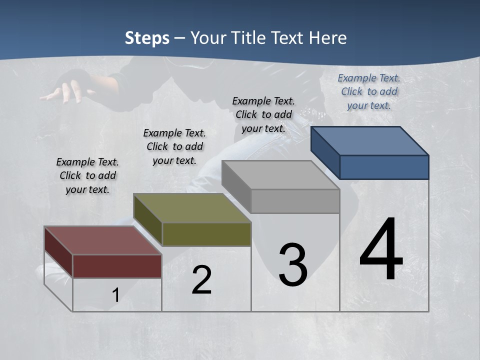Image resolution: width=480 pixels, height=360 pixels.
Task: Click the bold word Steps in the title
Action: pyautogui.click(x=147, y=38)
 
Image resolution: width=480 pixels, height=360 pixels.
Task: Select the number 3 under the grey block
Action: pyautogui.click(x=292, y=264)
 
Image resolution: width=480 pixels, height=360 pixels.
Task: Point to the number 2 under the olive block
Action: pyautogui.click(x=201, y=280)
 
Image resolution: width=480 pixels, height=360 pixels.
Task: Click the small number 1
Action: pyautogui.click(x=115, y=295)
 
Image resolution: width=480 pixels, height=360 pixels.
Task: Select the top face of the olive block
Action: pyautogui.click(x=192, y=208)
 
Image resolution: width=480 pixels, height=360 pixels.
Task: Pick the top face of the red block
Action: pyautogui.click(x=103, y=240)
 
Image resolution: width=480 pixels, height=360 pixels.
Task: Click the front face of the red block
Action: pyautogui.click(x=117, y=266)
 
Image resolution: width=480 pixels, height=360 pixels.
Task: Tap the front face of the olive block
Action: pyautogui.click(x=206, y=234)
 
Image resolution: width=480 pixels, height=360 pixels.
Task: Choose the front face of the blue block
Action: pyautogui.click(x=384, y=167)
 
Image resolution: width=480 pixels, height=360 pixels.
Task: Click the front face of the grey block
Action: pyautogui.click(x=295, y=201)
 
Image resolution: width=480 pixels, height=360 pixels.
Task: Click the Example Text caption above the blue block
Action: pyautogui.click(x=369, y=91)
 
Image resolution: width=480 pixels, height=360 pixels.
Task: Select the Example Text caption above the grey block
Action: pyautogui.click(x=263, y=114)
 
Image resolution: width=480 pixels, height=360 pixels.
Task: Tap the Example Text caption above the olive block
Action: pyautogui.click(x=174, y=146)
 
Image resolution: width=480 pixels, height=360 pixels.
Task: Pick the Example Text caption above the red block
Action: pyautogui.click(x=87, y=175)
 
